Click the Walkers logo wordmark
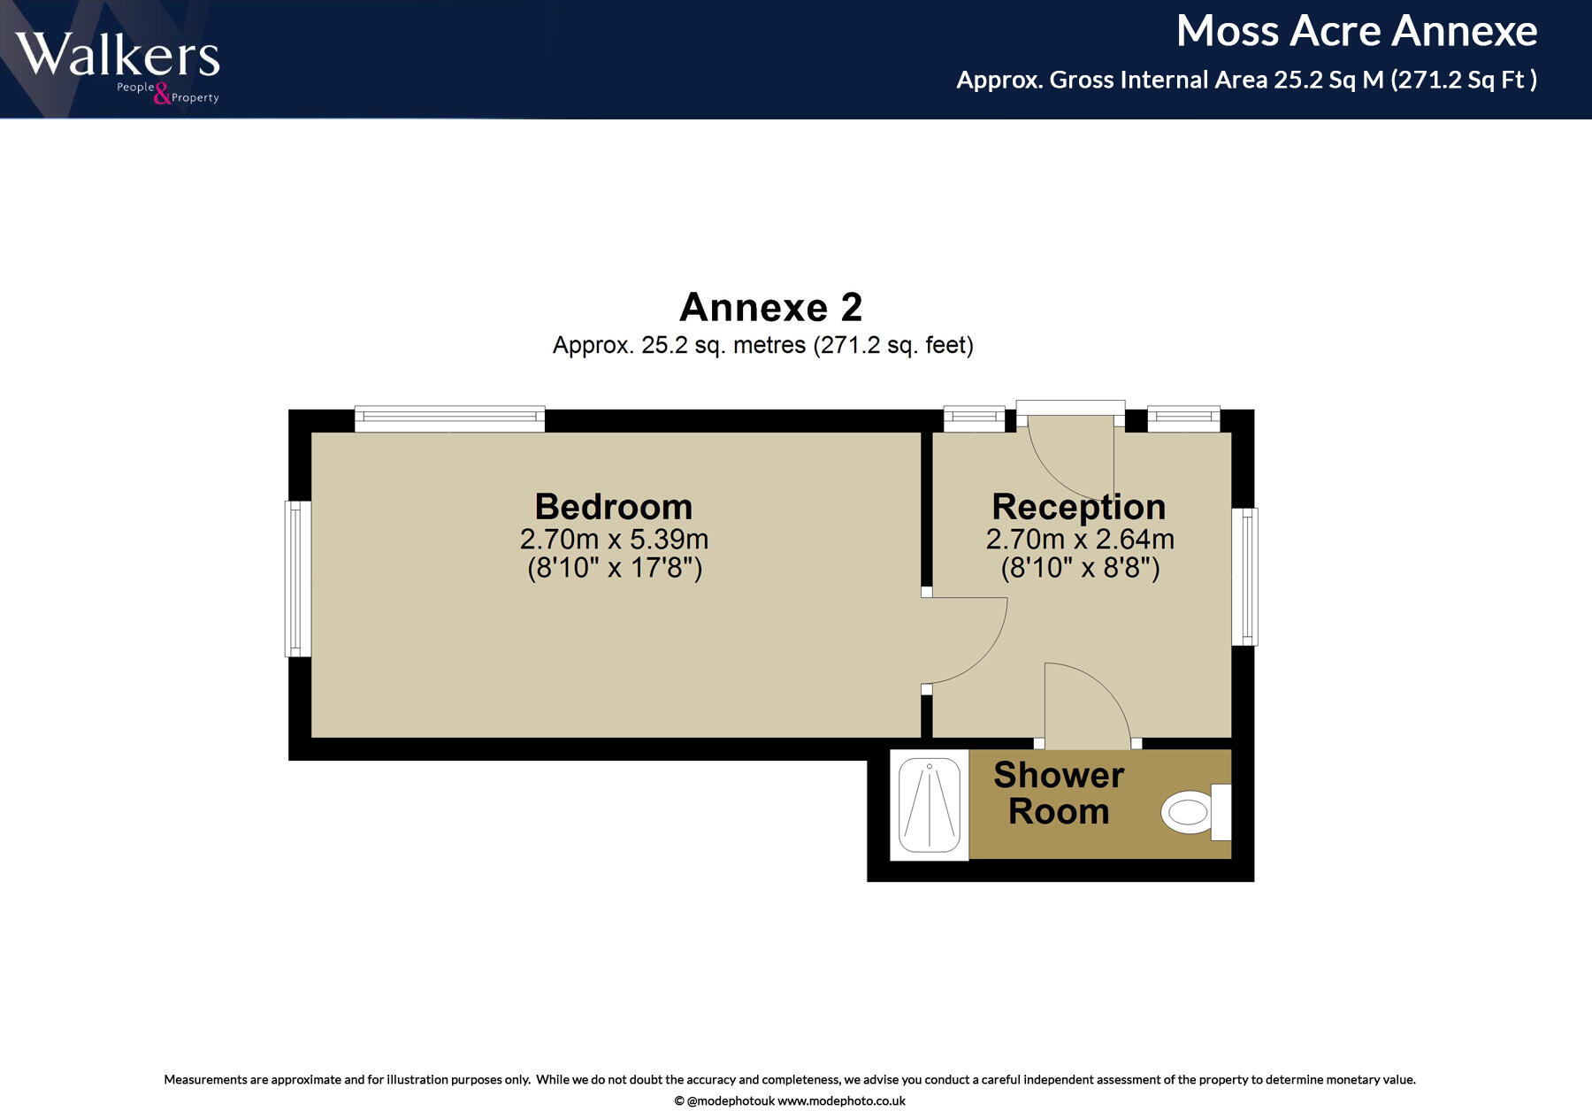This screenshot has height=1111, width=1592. (117, 55)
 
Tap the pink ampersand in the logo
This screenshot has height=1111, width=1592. (162, 94)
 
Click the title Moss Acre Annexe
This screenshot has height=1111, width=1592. (1356, 32)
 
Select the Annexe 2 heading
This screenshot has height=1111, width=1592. (770, 308)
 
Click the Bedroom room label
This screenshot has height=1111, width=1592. (613, 507)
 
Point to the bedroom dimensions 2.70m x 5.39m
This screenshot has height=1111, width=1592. (613, 539)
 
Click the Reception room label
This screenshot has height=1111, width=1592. (1078, 507)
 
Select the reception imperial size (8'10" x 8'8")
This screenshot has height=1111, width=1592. (1079, 567)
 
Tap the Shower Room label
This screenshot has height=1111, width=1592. (1059, 793)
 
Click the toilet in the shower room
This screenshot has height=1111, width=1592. (1190, 812)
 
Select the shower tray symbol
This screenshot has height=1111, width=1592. (930, 805)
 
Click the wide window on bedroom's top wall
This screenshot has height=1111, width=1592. (449, 419)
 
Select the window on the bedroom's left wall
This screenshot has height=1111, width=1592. (298, 579)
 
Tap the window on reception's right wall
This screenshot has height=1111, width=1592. (1244, 577)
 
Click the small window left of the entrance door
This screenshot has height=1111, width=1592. (974, 419)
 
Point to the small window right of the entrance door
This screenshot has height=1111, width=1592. (1183, 419)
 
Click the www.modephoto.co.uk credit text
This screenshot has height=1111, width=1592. (841, 1101)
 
